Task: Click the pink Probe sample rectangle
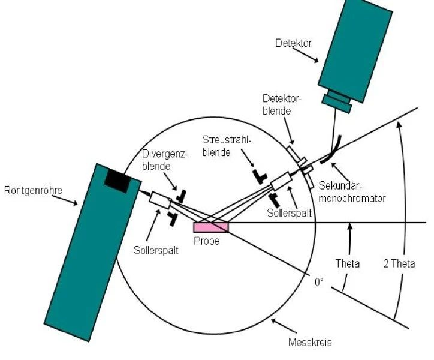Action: [210, 226]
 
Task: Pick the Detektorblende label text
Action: [280, 104]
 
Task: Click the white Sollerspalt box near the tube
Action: [160, 200]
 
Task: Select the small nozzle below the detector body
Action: [337, 101]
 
